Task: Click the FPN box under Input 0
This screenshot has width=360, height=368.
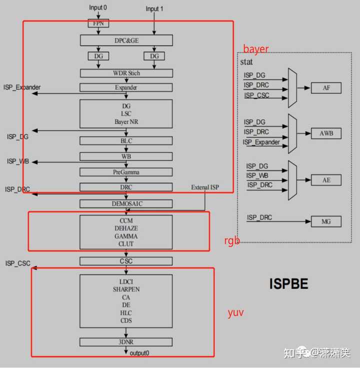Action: pos(98,23)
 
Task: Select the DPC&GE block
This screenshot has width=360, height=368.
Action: pos(126,40)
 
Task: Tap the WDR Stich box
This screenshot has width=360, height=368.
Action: pos(126,73)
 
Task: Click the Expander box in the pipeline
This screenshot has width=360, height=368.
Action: pos(126,87)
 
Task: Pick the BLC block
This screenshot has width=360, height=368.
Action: pos(126,141)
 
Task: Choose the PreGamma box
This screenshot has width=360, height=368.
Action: pos(126,172)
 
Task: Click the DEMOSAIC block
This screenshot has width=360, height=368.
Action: pos(126,204)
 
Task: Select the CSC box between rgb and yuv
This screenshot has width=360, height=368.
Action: pos(126,261)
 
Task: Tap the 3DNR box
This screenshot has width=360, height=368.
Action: pos(126,342)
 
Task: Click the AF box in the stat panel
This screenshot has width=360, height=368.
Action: pos(326,88)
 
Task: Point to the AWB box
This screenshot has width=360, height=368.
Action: pos(326,134)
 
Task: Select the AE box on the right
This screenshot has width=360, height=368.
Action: pos(326,180)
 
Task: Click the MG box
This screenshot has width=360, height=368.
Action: pos(326,221)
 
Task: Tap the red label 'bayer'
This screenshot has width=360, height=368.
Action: pos(255,49)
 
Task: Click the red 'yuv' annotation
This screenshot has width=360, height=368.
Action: pos(235,313)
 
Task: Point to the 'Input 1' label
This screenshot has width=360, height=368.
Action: pos(154,9)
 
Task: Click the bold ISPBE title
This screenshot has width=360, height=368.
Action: pos(288,284)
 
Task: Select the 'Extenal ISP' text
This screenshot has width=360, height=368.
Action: pos(204,187)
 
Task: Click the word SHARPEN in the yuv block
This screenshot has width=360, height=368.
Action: pos(126,289)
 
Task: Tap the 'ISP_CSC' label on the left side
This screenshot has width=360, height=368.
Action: pos(18,263)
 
